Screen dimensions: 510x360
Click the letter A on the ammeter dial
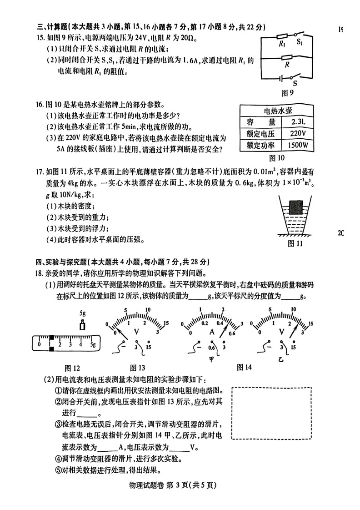[x=211, y=333]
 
